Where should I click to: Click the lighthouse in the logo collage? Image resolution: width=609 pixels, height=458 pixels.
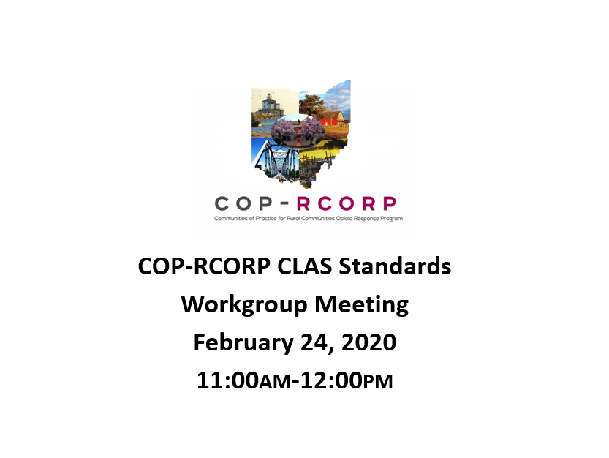tap(269, 103)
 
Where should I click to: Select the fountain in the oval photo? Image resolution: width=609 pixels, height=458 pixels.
tap(298, 133)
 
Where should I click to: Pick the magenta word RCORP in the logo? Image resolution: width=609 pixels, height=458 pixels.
tap(347, 203)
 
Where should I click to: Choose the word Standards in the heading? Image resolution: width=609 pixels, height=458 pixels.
tap(395, 267)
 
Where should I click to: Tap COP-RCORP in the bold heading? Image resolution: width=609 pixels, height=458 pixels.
tap(204, 267)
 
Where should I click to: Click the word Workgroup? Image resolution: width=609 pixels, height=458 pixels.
tap(244, 305)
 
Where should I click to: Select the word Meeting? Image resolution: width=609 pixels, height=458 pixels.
tap(362, 305)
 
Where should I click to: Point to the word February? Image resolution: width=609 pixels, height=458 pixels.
tap(243, 343)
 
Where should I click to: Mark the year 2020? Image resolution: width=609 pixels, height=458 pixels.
tap(368, 343)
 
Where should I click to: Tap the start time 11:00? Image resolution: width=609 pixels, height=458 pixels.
tap(227, 380)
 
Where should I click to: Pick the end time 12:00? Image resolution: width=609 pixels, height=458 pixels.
tap(332, 380)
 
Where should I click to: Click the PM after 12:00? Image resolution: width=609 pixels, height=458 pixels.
tap(378, 382)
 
